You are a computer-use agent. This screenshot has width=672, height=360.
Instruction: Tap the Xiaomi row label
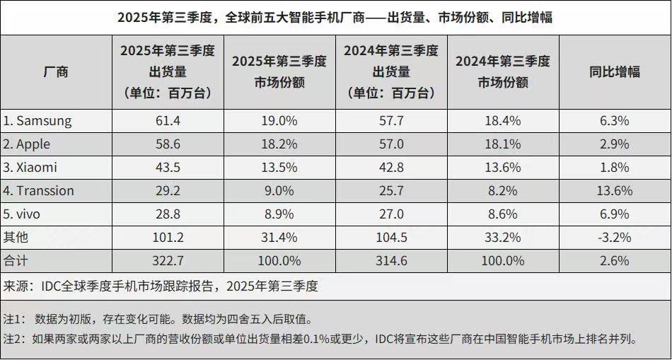point(30,168)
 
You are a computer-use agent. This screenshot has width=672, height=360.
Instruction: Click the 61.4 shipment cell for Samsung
point(168,121)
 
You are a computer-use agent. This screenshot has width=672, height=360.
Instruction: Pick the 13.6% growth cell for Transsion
point(614,191)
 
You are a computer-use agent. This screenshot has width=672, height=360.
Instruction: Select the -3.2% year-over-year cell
point(614,238)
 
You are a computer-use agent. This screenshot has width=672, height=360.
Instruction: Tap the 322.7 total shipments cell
point(168,261)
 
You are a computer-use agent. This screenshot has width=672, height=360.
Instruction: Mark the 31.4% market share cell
point(279,238)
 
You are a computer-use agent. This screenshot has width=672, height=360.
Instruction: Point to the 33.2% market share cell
point(503,238)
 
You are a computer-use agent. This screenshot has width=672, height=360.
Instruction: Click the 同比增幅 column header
point(614,72)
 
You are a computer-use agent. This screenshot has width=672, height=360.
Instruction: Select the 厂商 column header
point(56,72)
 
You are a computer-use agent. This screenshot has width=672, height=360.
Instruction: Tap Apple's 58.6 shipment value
point(168,144)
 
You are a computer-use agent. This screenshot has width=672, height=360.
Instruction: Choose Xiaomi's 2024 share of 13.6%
point(503,168)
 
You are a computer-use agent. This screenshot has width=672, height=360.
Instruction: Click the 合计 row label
point(16,261)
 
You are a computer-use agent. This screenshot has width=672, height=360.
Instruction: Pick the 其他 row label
point(16,238)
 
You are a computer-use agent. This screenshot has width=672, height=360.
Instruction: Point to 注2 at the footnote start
point(13,339)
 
